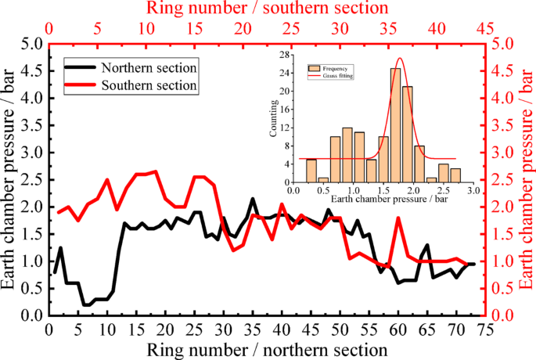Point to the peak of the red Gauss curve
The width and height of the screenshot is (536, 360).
(401, 59)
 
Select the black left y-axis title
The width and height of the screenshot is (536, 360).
(11, 179)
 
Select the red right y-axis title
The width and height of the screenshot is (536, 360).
(526, 179)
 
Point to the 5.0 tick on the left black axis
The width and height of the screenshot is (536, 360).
(29, 44)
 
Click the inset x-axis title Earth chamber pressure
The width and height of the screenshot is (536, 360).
(383, 200)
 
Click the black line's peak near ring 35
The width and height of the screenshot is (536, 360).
(253, 199)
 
